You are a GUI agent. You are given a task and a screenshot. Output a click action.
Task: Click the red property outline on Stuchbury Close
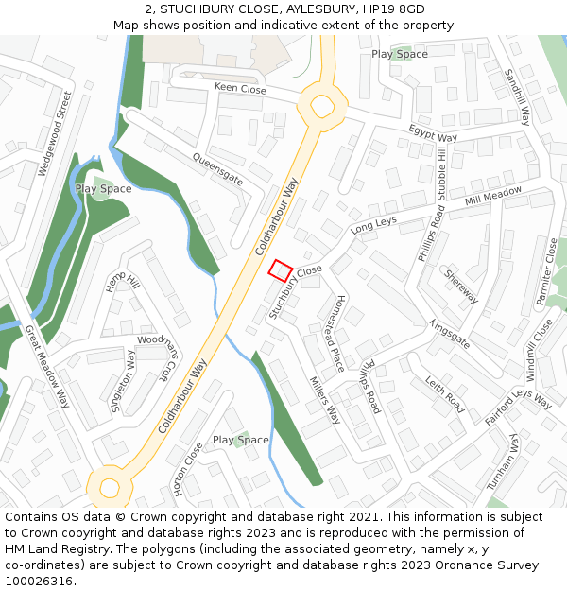click(280, 270)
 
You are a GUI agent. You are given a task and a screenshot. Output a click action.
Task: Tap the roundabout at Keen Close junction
click(322, 105)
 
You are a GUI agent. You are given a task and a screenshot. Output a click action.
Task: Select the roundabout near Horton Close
click(109, 488)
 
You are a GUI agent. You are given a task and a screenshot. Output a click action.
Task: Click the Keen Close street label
click(240, 88)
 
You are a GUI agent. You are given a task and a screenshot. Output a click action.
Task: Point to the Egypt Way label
click(433, 131)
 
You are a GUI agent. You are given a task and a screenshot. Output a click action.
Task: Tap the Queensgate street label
click(217, 167)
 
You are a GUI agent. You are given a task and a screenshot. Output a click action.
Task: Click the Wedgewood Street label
click(53, 133)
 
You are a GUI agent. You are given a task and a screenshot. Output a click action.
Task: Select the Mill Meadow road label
click(493, 198)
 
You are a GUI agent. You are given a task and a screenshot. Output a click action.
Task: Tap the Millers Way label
click(324, 399)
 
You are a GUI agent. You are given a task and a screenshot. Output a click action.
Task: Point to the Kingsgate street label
click(449, 333)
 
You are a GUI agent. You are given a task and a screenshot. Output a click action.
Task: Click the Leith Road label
click(444, 394)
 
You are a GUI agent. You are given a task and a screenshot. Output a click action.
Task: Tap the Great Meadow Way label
click(47, 366)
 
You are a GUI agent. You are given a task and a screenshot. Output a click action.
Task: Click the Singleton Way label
click(123, 381)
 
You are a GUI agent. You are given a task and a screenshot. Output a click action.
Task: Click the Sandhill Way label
click(517, 96)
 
